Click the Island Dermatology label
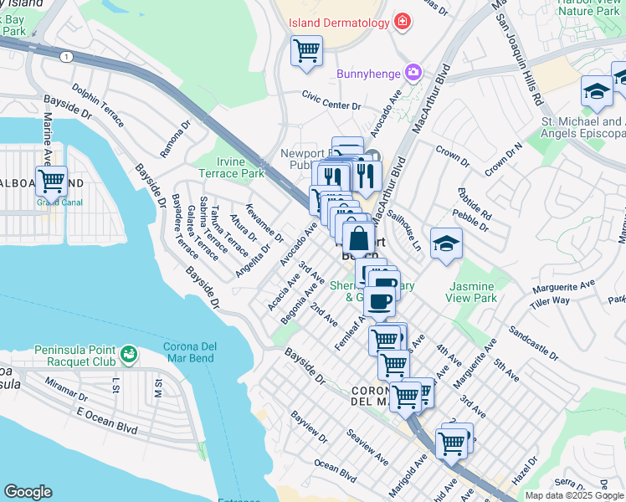coord(339,23)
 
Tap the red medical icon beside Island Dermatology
coord(403,22)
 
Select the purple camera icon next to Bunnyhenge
coord(413,74)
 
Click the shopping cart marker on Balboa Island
coord(51,180)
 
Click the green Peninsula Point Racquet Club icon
coord(128,355)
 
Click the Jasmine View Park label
coord(472,292)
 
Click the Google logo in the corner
coord(28,492)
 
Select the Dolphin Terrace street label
coord(98,105)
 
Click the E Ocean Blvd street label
coord(106,419)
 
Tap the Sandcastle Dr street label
coord(532,342)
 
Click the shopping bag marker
coord(358,238)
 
